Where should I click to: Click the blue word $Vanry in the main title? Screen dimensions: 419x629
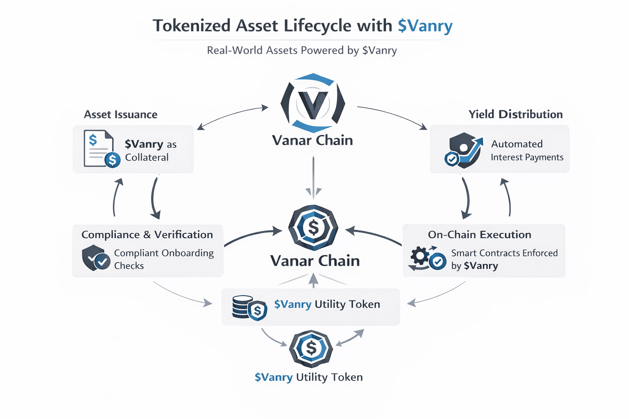click(x=425, y=26)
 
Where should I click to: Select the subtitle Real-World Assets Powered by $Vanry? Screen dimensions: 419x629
click(x=302, y=50)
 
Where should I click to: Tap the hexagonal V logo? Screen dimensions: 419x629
click(x=313, y=103)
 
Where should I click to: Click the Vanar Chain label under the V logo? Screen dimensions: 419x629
click(x=312, y=140)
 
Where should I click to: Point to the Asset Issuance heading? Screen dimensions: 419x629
click(x=120, y=115)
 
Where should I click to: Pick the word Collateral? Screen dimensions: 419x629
click(x=147, y=158)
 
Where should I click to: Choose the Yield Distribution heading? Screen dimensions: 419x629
click(x=516, y=114)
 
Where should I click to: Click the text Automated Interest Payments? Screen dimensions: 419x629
click(x=527, y=151)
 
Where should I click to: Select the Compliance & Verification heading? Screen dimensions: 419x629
click(x=147, y=234)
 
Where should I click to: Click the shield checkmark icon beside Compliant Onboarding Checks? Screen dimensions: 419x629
click(x=95, y=258)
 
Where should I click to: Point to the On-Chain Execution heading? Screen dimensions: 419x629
click(x=480, y=234)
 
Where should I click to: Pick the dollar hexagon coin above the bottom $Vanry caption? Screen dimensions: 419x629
click(x=311, y=349)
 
